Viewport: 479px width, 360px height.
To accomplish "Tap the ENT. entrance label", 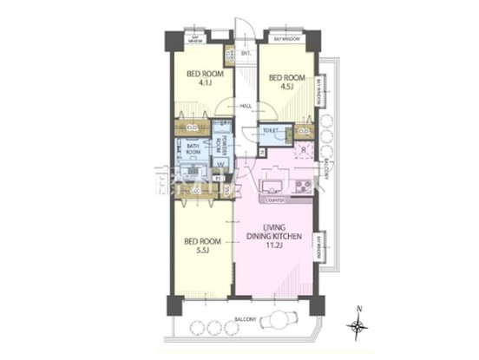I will [246, 55].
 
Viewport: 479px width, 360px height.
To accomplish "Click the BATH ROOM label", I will [194, 149].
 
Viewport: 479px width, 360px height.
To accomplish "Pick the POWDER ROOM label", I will [223, 145].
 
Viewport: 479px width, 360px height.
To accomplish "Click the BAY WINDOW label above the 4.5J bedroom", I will [286, 40].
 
